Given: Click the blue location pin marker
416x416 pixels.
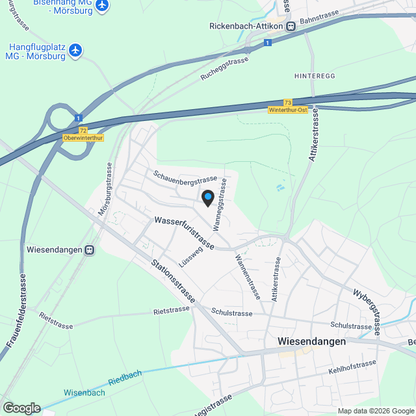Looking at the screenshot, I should click(x=207, y=198).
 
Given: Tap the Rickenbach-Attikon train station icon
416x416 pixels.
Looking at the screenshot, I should click(x=291, y=26).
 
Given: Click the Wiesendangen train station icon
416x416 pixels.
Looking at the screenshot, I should click(x=89, y=250).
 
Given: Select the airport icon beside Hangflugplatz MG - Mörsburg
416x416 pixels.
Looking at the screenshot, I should click(x=76, y=49).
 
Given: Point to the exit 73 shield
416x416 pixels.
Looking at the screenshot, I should click(x=287, y=103).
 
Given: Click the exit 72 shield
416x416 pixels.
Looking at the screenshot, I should click(x=83, y=130).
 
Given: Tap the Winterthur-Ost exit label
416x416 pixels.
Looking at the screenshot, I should click(x=287, y=110).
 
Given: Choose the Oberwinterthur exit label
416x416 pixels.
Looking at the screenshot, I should click(x=83, y=138).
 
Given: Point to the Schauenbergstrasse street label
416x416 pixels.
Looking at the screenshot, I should click(x=185, y=177).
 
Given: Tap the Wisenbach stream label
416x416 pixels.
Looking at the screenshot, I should click(x=84, y=393).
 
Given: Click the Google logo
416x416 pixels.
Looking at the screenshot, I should click(x=21, y=408).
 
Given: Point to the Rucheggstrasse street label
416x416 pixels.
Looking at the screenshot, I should click(x=225, y=68).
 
